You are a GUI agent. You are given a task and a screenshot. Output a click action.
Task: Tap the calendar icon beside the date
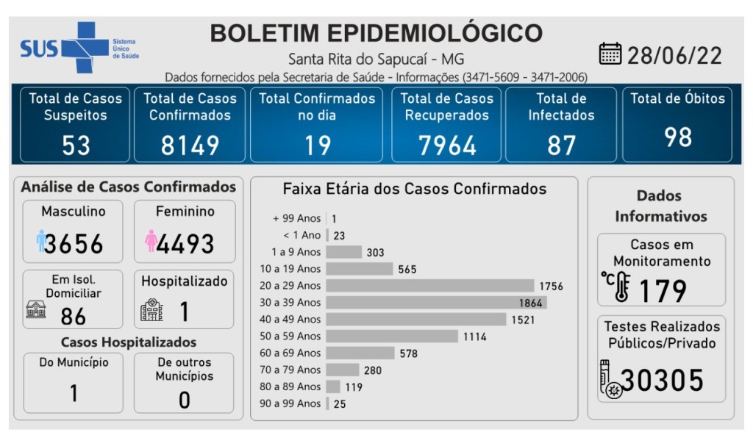coord(610,54)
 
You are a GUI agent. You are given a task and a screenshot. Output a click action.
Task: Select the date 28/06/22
coord(674,55)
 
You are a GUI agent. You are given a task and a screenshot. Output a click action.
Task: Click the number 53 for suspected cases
coord(76,145)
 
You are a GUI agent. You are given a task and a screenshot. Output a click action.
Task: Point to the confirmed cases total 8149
coord(190,145)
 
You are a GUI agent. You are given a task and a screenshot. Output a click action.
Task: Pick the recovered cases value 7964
coord(447,145)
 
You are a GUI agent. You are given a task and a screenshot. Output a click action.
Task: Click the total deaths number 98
coord(677,137)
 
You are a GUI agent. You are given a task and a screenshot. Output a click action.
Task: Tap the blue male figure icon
coord(41,241)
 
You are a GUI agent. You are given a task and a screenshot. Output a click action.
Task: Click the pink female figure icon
coord(151,241)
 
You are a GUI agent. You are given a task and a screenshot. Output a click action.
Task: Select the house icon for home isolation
coord(35,309)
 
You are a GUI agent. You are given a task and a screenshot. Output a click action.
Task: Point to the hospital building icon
coord(151,309)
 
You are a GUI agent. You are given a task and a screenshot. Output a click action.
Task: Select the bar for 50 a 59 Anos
coord(391,336)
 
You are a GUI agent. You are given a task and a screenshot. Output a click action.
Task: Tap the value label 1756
coord(551,286)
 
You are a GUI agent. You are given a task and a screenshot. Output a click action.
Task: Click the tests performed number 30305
coord(662,380)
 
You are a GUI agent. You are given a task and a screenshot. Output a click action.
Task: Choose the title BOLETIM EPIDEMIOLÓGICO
coord(376,33)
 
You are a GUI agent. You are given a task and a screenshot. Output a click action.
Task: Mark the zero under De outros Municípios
coord(184,399)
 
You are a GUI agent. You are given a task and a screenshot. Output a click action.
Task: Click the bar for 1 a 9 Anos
coord(343,252)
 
